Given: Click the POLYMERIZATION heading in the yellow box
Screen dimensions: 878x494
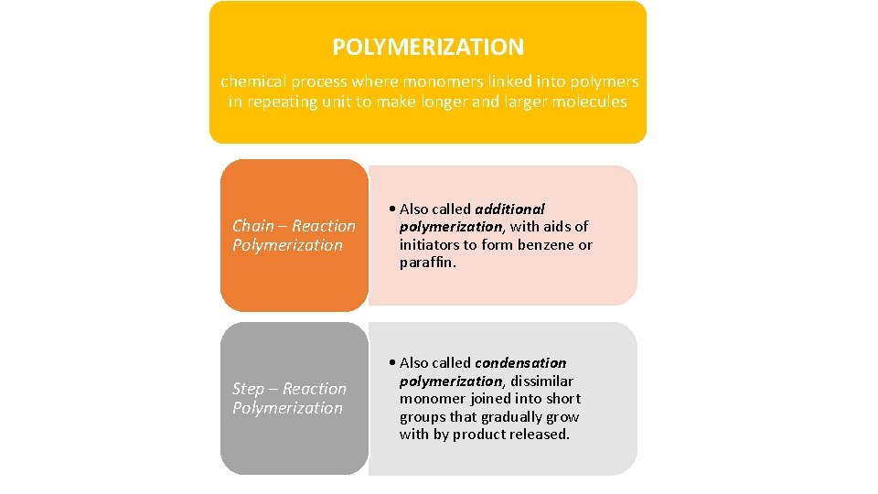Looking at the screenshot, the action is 428,47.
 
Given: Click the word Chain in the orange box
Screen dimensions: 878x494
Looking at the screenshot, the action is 252,226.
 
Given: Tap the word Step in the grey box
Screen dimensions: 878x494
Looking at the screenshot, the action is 250,389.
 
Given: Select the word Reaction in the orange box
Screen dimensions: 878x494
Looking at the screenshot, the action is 324,226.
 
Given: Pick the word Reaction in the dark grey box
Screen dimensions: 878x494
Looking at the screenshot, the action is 315,389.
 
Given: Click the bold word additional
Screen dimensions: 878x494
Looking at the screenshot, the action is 509,209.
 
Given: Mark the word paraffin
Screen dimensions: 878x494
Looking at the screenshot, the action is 427,263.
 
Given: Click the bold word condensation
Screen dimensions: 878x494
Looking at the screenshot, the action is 520,362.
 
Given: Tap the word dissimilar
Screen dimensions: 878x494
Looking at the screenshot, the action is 542,381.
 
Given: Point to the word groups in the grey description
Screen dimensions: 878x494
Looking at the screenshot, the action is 423,416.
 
